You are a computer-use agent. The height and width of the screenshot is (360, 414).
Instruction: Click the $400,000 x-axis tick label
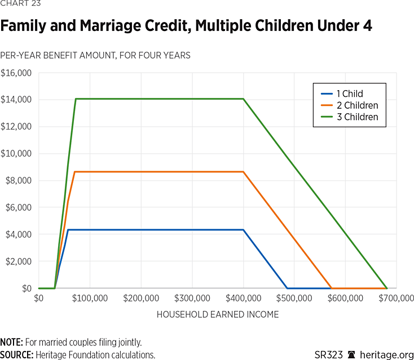[243, 298]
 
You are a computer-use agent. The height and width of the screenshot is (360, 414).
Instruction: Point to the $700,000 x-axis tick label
[397, 298]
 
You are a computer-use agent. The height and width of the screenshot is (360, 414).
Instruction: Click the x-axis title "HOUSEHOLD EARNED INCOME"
[218, 314]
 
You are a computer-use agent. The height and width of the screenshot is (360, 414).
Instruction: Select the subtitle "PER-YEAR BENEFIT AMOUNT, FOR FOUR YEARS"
[95, 55]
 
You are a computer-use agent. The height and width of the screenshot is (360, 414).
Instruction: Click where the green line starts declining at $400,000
[244, 99]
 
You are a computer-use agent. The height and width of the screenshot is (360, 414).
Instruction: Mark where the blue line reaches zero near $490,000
[287, 288]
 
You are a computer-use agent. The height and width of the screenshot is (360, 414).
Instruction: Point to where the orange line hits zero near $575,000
[331, 288]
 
